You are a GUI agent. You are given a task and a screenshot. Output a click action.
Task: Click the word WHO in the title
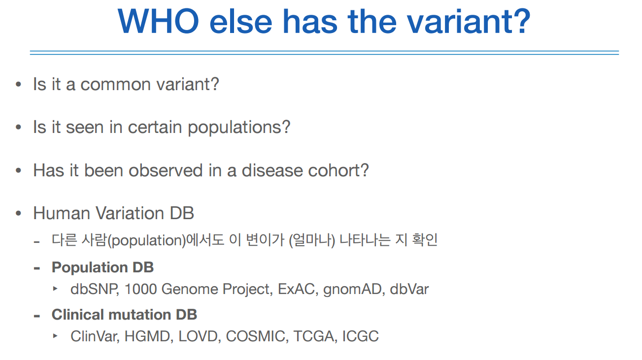click(x=158, y=21)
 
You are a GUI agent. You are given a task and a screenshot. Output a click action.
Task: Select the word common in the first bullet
click(x=115, y=85)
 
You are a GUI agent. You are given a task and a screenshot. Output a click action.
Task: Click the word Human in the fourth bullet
click(x=62, y=213)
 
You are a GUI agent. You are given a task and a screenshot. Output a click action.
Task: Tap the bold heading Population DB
click(x=102, y=267)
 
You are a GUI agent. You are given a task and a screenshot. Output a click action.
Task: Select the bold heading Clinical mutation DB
click(x=124, y=315)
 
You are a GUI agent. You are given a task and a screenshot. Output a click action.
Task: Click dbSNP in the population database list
click(x=94, y=289)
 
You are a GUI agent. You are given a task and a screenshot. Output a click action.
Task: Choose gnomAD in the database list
click(x=352, y=289)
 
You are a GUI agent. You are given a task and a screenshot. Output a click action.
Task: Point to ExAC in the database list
click(x=296, y=289)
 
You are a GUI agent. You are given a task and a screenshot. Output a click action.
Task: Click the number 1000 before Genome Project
click(x=140, y=289)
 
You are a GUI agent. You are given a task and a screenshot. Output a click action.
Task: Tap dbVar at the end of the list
click(x=409, y=289)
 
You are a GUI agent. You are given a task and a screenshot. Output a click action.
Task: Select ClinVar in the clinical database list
click(x=94, y=336)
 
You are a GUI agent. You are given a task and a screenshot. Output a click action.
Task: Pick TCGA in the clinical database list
click(x=313, y=336)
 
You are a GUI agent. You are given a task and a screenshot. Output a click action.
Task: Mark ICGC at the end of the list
click(x=360, y=336)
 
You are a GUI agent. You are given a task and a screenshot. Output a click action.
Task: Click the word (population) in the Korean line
click(x=146, y=240)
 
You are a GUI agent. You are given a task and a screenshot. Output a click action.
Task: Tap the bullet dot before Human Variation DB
click(x=19, y=213)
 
